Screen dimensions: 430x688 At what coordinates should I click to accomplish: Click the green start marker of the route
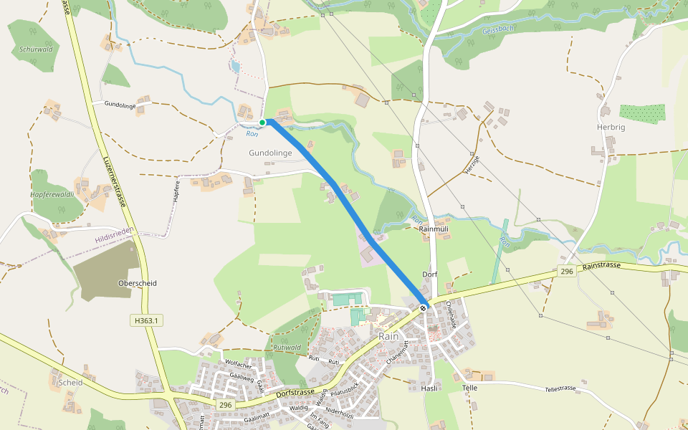tap(263, 123)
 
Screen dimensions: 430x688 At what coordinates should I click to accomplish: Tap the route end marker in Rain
tap(423, 308)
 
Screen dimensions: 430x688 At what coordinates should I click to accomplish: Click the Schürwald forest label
tap(36, 49)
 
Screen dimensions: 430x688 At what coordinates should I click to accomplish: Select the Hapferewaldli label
tap(52, 194)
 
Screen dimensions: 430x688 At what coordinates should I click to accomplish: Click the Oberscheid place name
tap(137, 283)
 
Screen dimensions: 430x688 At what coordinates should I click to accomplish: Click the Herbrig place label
tap(611, 127)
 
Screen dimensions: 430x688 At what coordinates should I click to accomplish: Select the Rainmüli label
tap(433, 229)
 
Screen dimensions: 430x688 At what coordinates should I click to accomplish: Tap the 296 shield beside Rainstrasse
tap(567, 272)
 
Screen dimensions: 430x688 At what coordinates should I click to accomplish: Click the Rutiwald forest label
tap(287, 347)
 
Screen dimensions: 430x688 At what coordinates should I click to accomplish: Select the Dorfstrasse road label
tap(294, 393)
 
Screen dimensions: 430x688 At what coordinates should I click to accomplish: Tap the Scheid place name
tap(72, 382)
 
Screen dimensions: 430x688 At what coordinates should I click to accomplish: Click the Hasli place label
tap(430, 387)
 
